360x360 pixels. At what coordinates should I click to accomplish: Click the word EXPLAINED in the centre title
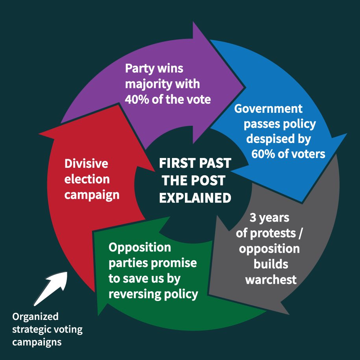(x=195, y=198)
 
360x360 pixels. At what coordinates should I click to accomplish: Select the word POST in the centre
(x=210, y=181)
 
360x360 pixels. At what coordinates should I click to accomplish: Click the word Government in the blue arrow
(x=268, y=109)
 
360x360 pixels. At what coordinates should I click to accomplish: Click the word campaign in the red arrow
(x=92, y=195)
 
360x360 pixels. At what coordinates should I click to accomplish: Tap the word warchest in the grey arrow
(x=271, y=279)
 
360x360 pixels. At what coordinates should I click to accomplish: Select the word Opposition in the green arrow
(x=140, y=248)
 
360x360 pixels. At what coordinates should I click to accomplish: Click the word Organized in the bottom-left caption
(x=35, y=316)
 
